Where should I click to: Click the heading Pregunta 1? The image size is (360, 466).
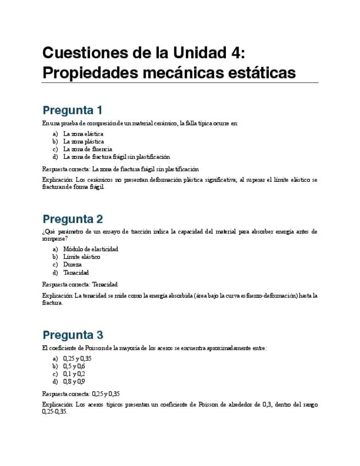click(x=73, y=109)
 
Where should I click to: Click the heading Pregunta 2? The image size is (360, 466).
click(x=73, y=219)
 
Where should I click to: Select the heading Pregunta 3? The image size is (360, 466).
click(x=73, y=335)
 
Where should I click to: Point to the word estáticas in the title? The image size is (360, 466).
click(x=256, y=73)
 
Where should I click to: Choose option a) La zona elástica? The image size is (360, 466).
click(x=83, y=134)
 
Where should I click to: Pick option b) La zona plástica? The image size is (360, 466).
click(x=83, y=141)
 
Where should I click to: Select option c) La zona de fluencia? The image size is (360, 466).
click(x=87, y=149)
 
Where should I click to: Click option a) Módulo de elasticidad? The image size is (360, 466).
click(x=90, y=249)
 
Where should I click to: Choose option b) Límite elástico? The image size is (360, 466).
click(x=81, y=257)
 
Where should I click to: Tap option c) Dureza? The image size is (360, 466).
click(x=72, y=264)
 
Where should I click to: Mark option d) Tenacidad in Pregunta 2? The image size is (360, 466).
click(x=76, y=272)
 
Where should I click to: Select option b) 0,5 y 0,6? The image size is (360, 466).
click(x=74, y=366)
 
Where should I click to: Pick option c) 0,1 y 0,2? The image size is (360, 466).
click(x=74, y=374)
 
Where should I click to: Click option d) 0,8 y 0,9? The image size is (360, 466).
click(x=74, y=381)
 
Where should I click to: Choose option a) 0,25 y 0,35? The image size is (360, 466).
click(x=77, y=358)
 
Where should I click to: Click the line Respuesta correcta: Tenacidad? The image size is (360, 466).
click(x=80, y=284)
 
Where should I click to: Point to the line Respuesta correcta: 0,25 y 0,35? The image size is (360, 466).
click(x=81, y=393)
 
